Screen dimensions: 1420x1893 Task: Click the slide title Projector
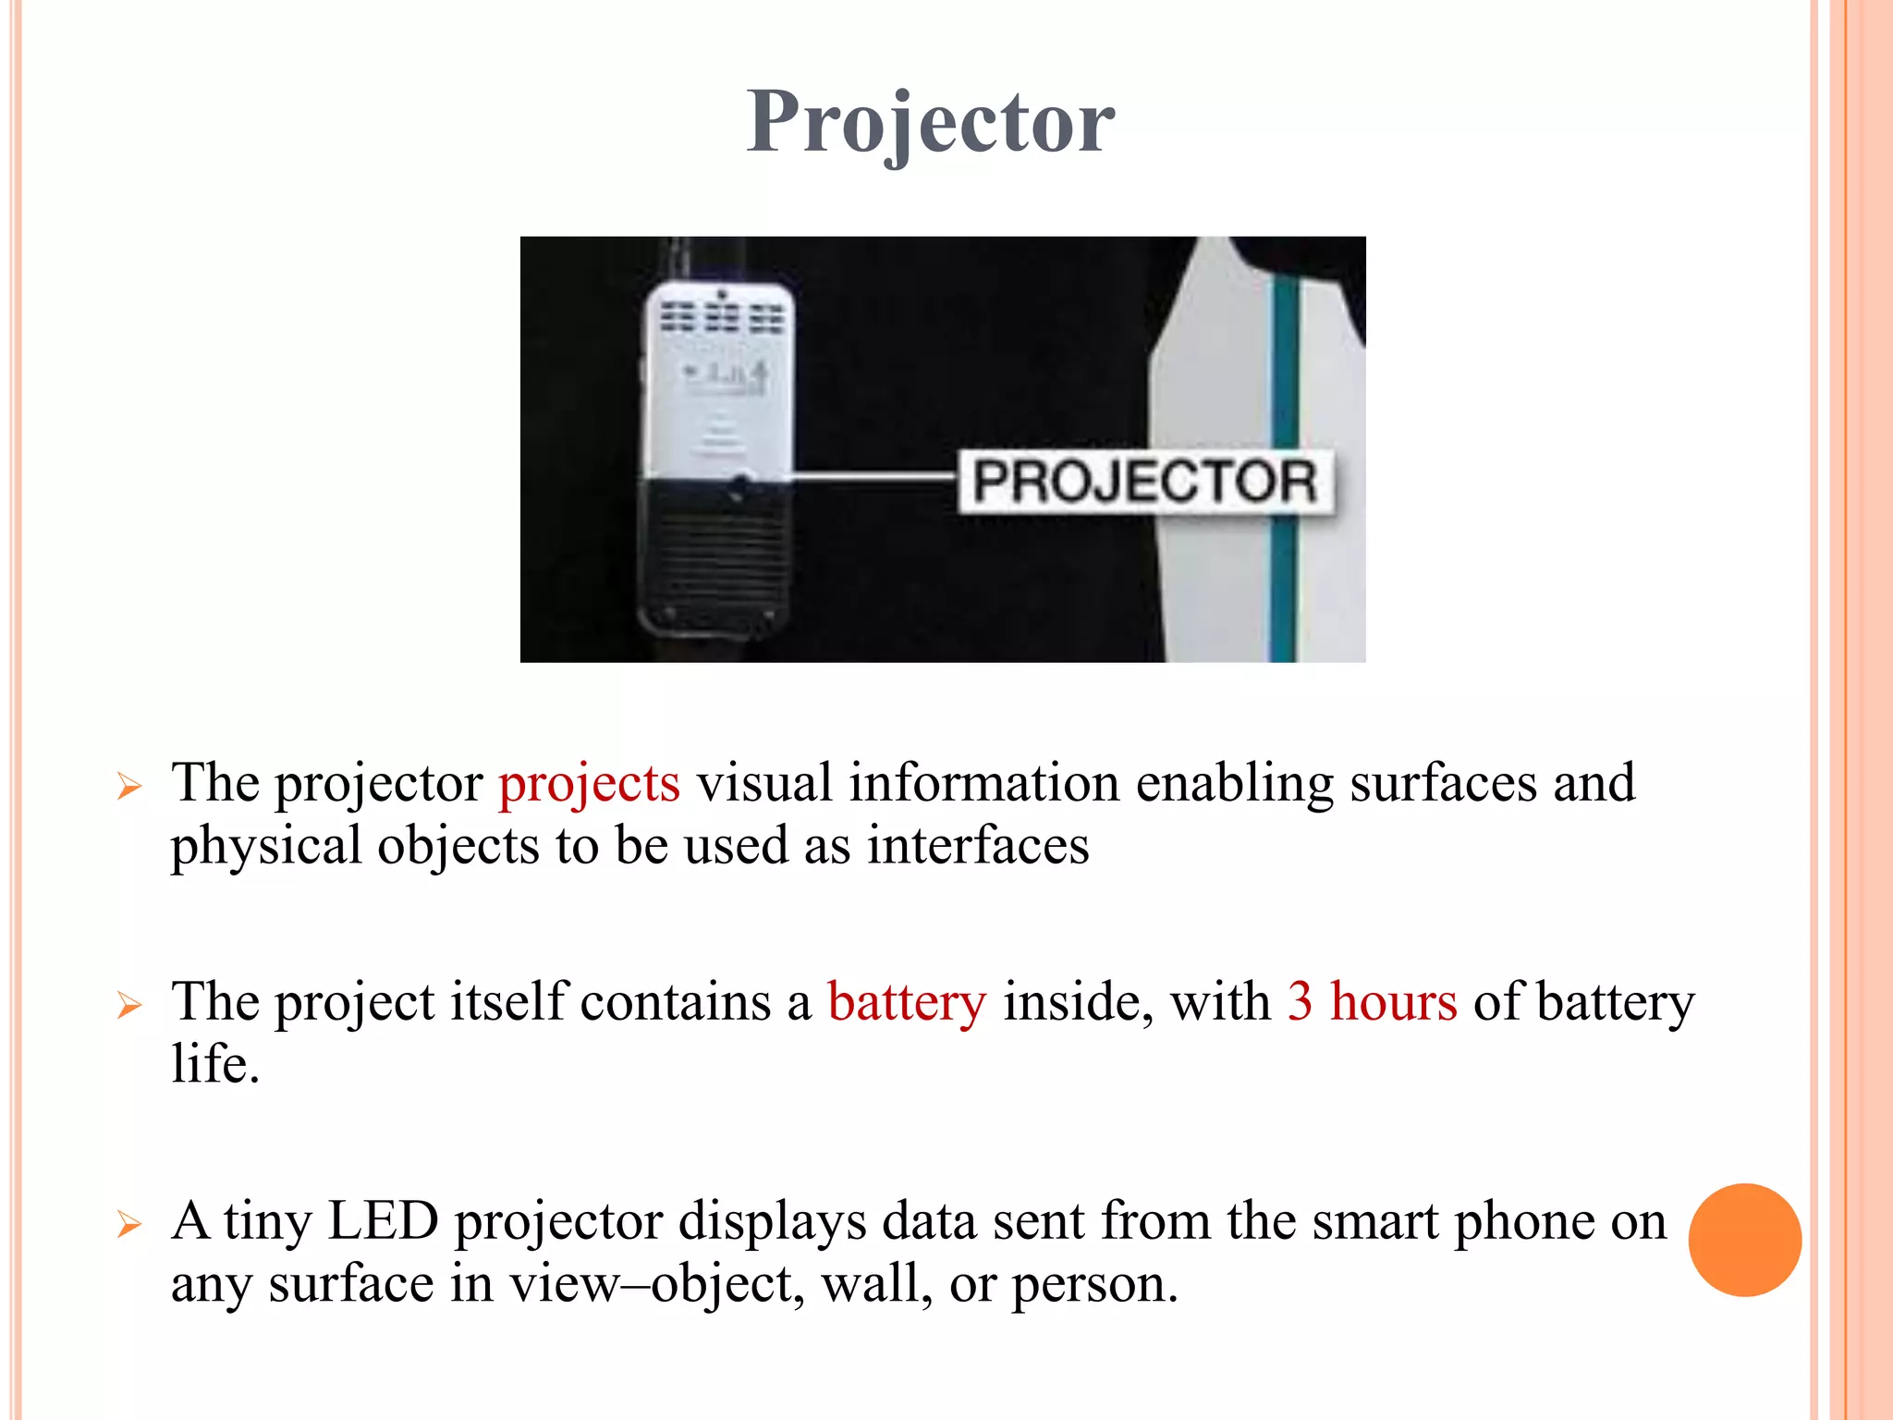[931, 122]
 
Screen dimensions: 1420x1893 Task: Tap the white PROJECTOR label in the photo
[1144, 482]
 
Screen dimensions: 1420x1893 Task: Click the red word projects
[589, 783]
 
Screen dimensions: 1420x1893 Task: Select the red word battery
[907, 1002]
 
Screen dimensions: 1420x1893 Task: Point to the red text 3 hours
[1372, 1002]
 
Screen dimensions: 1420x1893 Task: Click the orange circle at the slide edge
[1744, 1240]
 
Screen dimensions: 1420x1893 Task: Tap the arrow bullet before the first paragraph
[129, 787]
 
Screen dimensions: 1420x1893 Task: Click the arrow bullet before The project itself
[129, 1005]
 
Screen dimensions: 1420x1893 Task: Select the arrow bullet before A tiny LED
[129, 1225]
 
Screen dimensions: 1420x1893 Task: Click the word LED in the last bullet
[383, 1221]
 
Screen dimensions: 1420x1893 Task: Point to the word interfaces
[978, 846]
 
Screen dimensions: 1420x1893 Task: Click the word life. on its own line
[215, 1064]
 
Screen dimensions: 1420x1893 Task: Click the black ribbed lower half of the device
[717, 555]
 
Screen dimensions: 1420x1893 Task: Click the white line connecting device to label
[873, 477]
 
